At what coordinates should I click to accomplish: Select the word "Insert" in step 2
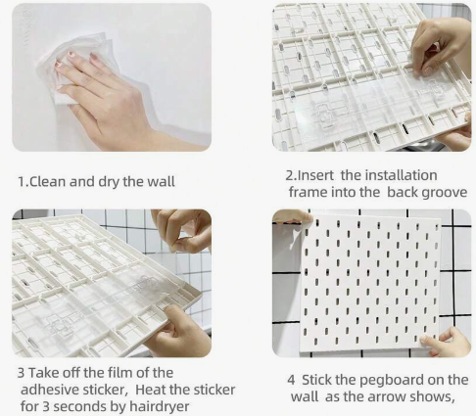pos(315,175)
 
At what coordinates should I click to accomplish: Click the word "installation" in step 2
pos(401,175)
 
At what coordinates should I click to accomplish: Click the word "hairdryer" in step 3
pos(160,406)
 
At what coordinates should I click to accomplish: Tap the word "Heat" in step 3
pos(151,390)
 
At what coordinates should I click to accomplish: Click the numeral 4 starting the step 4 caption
pos(291,380)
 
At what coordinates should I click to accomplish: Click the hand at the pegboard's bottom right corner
pos(446,342)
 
